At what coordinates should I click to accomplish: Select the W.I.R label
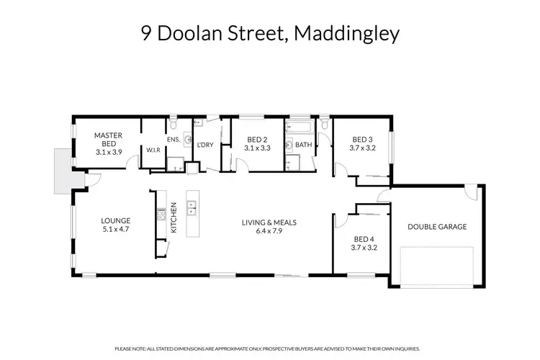153,150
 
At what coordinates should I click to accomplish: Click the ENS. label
173,139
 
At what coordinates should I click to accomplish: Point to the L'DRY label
205,145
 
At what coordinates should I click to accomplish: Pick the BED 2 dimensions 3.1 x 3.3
257,148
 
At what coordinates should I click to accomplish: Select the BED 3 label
362,139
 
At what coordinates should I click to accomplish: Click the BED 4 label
362,239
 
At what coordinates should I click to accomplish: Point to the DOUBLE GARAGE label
437,227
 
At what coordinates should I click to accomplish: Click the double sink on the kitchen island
192,210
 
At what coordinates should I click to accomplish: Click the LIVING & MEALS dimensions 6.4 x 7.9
269,231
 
